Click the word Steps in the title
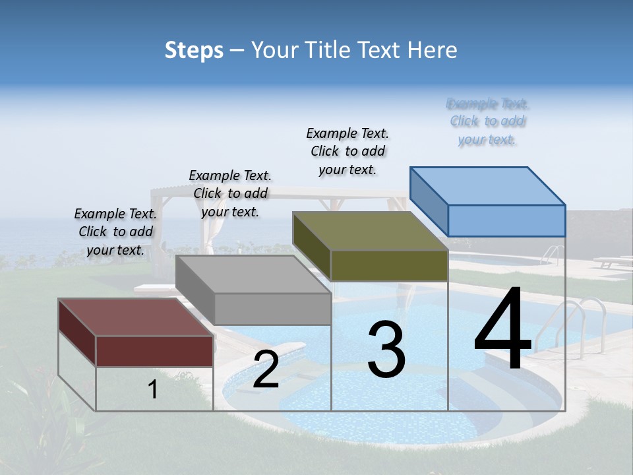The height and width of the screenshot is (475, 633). coord(194,50)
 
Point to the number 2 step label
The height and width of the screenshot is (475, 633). coord(266,370)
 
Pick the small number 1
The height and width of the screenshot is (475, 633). coord(152,390)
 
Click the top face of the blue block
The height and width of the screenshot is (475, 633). coord(488,186)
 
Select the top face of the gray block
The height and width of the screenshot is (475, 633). coord(254,274)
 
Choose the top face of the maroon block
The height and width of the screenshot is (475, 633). coord(136,317)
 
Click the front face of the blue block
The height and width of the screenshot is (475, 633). coord(506,220)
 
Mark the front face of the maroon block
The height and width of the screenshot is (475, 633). coord(154,351)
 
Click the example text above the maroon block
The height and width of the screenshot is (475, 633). coord(115,232)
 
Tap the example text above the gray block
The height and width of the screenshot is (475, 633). coord(230,193)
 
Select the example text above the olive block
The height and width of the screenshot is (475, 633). coord(347,151)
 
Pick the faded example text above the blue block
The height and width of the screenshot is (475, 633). coord(487,121)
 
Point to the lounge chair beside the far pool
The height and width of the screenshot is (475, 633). coord(613,262)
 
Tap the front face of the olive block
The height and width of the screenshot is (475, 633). coord(389,266)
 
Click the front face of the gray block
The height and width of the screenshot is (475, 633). coord(272,309)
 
